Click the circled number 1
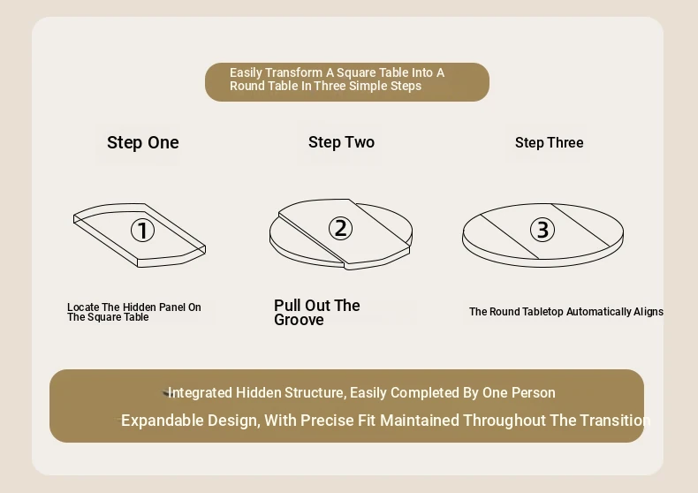click(x=142, y=231)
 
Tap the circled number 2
click(x=340, y=228)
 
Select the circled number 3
click(x=542, y=230)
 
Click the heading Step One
click(x=143, y=142)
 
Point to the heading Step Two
click(x=341, y=142)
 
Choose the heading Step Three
click(x=550, y=143)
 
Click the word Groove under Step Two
click(x=299, y=320)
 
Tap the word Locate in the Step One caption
click(x=83, y=307)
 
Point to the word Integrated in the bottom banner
click(x=200, y=393)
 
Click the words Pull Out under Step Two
click(x=302, y=305)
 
